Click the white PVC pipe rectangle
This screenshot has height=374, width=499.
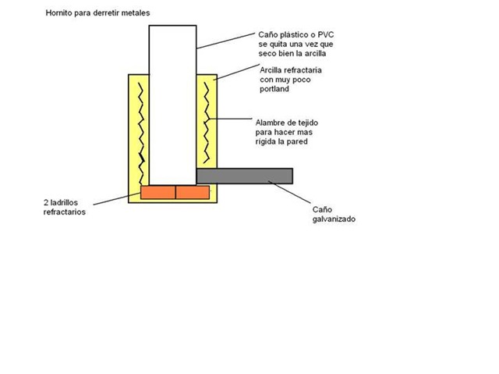tap(172, 102)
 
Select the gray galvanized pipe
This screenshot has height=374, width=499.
tap(244, 176)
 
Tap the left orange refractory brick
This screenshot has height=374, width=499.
tap(158, 192)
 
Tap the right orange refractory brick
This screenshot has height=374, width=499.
tap(193, 192)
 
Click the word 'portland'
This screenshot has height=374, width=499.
tap(274, 90)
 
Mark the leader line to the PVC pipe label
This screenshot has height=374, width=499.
tap(226, 41)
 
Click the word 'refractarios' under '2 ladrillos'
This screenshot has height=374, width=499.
tap(64, 212)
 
